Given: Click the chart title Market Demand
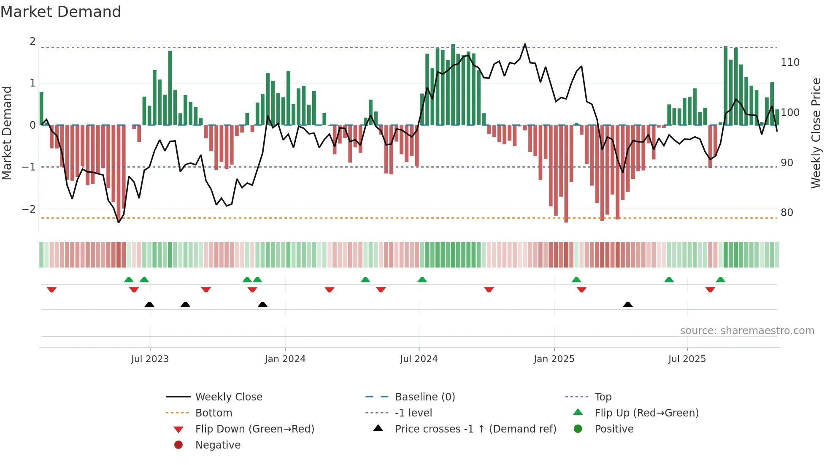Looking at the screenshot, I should tap(61, 12).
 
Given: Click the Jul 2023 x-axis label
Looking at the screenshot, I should tap(150, 359).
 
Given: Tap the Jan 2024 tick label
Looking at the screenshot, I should tap(285, 359).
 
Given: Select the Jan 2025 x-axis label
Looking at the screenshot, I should tap(554, 359).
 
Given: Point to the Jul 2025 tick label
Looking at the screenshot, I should tap(687, 359).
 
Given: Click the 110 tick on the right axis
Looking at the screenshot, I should tap(790, 62).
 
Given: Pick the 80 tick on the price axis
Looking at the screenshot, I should tap(786, 213).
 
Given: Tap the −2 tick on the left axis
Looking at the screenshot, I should tap(29, 209).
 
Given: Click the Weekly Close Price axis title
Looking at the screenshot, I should tap(816, 133).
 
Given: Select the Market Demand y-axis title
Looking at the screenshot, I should tap(7, 133).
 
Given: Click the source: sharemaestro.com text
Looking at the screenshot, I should tap(747, 331).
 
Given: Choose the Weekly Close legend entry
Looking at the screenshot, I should tap(228, 397).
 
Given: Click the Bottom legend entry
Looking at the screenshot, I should tap(214, 413).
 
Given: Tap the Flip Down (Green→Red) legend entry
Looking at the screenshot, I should tap(254, 429).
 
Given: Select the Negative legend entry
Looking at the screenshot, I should tap(218, 445).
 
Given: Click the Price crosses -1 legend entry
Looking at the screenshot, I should tap(475, 429).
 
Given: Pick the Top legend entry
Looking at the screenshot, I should tap(603, 397).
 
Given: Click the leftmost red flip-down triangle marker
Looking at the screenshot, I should tap(51, 289).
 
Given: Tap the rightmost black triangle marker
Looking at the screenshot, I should tap(627, 304).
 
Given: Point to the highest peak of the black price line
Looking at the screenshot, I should tap(525, 44).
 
